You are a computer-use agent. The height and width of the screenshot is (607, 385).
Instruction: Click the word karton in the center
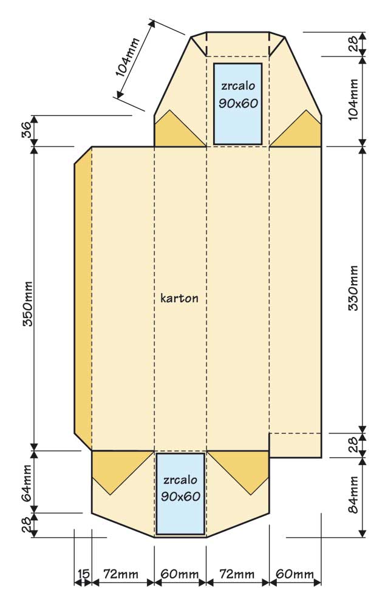[x=179, y=298]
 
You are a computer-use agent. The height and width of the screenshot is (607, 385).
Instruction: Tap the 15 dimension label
[x=83, y=574]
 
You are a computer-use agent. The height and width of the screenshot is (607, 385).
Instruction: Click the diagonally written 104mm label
[x=127, y=57]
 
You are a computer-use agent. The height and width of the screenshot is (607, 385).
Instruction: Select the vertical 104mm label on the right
[x=353, y=100]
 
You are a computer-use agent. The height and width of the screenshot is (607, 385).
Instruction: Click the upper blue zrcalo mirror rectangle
[x=238, y=104]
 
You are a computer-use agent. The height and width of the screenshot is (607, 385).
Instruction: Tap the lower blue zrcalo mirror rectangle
[x=180, y=493]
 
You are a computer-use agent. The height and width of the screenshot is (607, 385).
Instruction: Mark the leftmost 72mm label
[x=120, y=574]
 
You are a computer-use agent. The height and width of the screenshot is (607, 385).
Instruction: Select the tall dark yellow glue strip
[x=83, y=299]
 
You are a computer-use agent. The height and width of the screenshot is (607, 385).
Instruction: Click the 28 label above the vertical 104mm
[x=353, y=44]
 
